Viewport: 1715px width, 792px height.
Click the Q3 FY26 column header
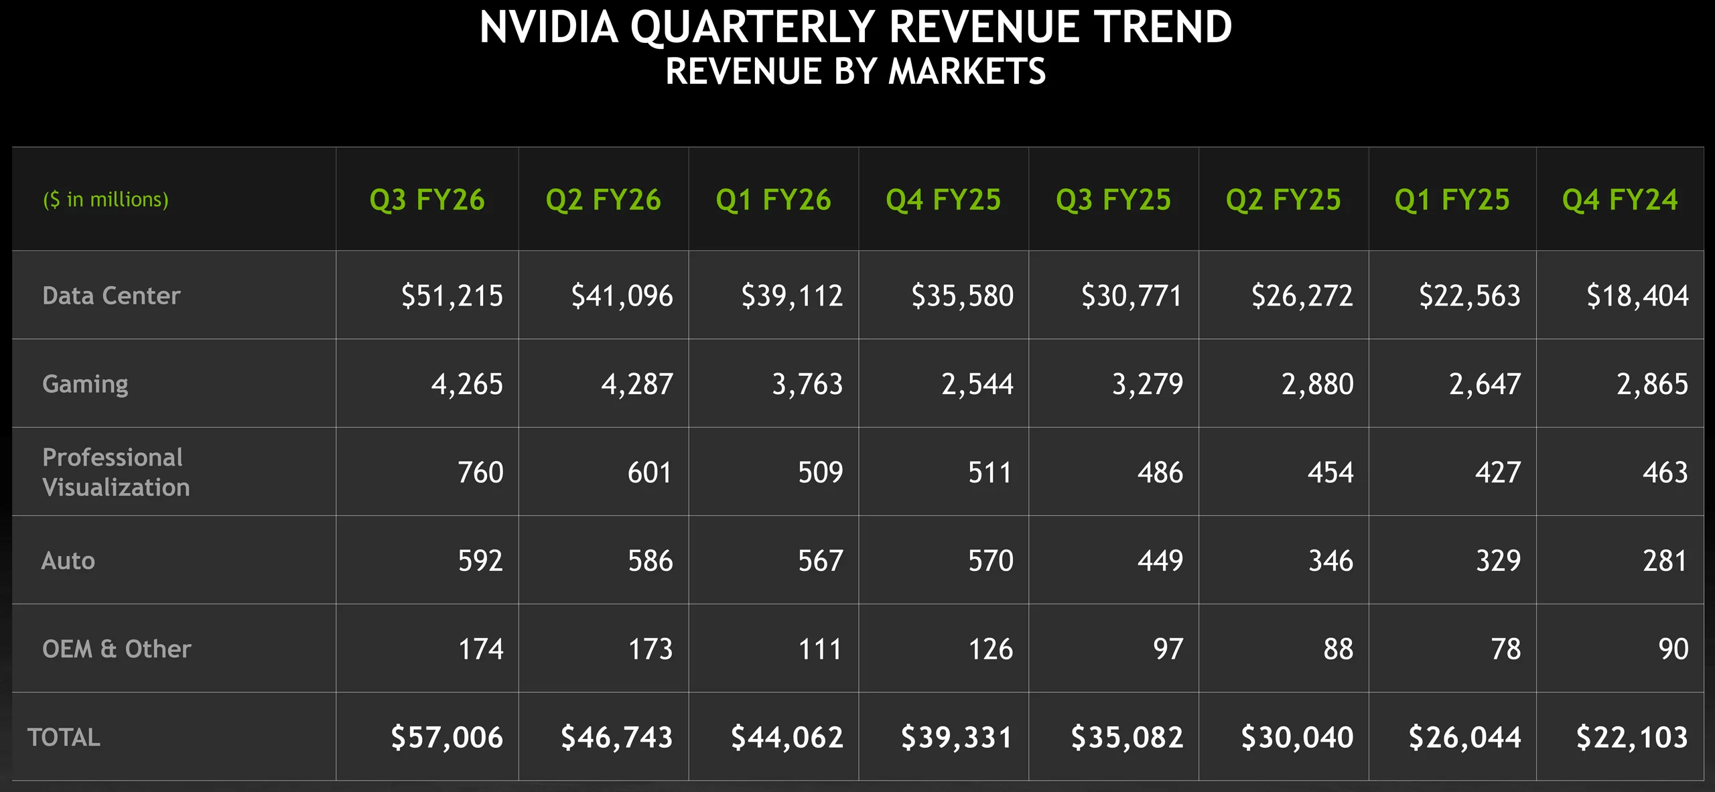[427, 200]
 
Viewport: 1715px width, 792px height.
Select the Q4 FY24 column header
[1620, 200]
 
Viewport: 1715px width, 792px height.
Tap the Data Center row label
[111, 295]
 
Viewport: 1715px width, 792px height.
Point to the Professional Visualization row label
[115, 472]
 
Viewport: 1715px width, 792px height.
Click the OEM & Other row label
[117, 649]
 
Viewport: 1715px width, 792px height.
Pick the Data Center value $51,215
[452, 295]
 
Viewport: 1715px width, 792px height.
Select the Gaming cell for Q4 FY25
[977, 384]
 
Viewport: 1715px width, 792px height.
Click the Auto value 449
[1160, 560]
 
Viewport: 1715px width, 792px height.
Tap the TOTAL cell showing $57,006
[446, 737]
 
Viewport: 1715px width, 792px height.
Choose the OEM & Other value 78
[1505, 649]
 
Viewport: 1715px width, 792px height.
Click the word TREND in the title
[1162, 28]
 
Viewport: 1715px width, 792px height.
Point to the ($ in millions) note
[106, 200]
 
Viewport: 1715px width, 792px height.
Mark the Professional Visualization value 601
[649, 472]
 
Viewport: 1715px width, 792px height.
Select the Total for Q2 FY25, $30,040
[1296, 737]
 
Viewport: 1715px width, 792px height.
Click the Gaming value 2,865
[1651, 384]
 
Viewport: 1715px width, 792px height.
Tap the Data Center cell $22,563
[1469, 295]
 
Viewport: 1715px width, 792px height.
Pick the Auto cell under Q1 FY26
[820, 560]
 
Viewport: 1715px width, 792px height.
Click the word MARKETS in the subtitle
[967, 72]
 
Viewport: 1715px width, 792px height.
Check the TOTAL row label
[64, 737]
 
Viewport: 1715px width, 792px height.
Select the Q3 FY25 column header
[1113, 200]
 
